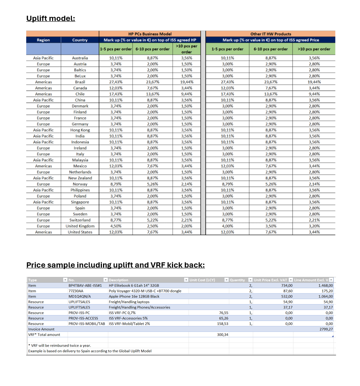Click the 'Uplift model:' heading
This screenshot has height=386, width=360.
pos(51,18)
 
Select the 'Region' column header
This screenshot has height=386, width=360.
pos(43,40)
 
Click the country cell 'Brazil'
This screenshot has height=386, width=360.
pos(80,82)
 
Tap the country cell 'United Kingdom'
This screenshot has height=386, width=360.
pos(80,226)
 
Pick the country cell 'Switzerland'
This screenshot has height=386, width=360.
pos(80,220)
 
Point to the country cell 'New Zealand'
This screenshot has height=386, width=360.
pos(80,178)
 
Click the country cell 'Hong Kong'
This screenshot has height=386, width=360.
pos(80,130)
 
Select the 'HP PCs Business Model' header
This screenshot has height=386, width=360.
pos(150,34)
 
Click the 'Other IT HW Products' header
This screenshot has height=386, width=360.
pos(270,34)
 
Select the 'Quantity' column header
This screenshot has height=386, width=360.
pos(237,280)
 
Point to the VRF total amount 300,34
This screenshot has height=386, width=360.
pos(222,335)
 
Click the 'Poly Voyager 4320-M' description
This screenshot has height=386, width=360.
pos(145,291)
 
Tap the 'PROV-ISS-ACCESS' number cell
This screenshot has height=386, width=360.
pos(82,318)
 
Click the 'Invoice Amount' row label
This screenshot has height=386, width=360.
pos(41,329)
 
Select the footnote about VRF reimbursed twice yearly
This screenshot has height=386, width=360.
pos(60,346)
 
